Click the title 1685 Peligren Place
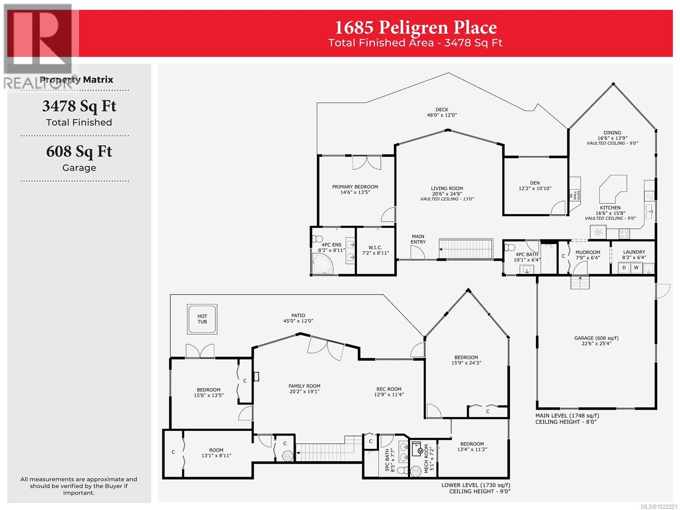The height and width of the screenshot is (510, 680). coord(416,28)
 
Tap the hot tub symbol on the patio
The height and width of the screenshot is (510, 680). coord(202,319)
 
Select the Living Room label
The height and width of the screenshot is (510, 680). coord(447,191)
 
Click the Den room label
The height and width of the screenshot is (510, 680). coord(535,186)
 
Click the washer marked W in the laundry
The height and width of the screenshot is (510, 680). coord(636,268)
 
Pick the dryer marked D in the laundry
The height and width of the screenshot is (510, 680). coord(624,268)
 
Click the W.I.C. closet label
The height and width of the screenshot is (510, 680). coord(375,250)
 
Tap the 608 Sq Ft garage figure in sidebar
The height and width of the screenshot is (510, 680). coord(79,152)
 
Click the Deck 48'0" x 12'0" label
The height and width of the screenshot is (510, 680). coord(442,112)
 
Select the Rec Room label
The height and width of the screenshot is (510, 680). coord(388,391)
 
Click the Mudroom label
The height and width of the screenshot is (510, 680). coord(588,255)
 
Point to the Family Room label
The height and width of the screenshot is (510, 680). coord(304,389)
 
